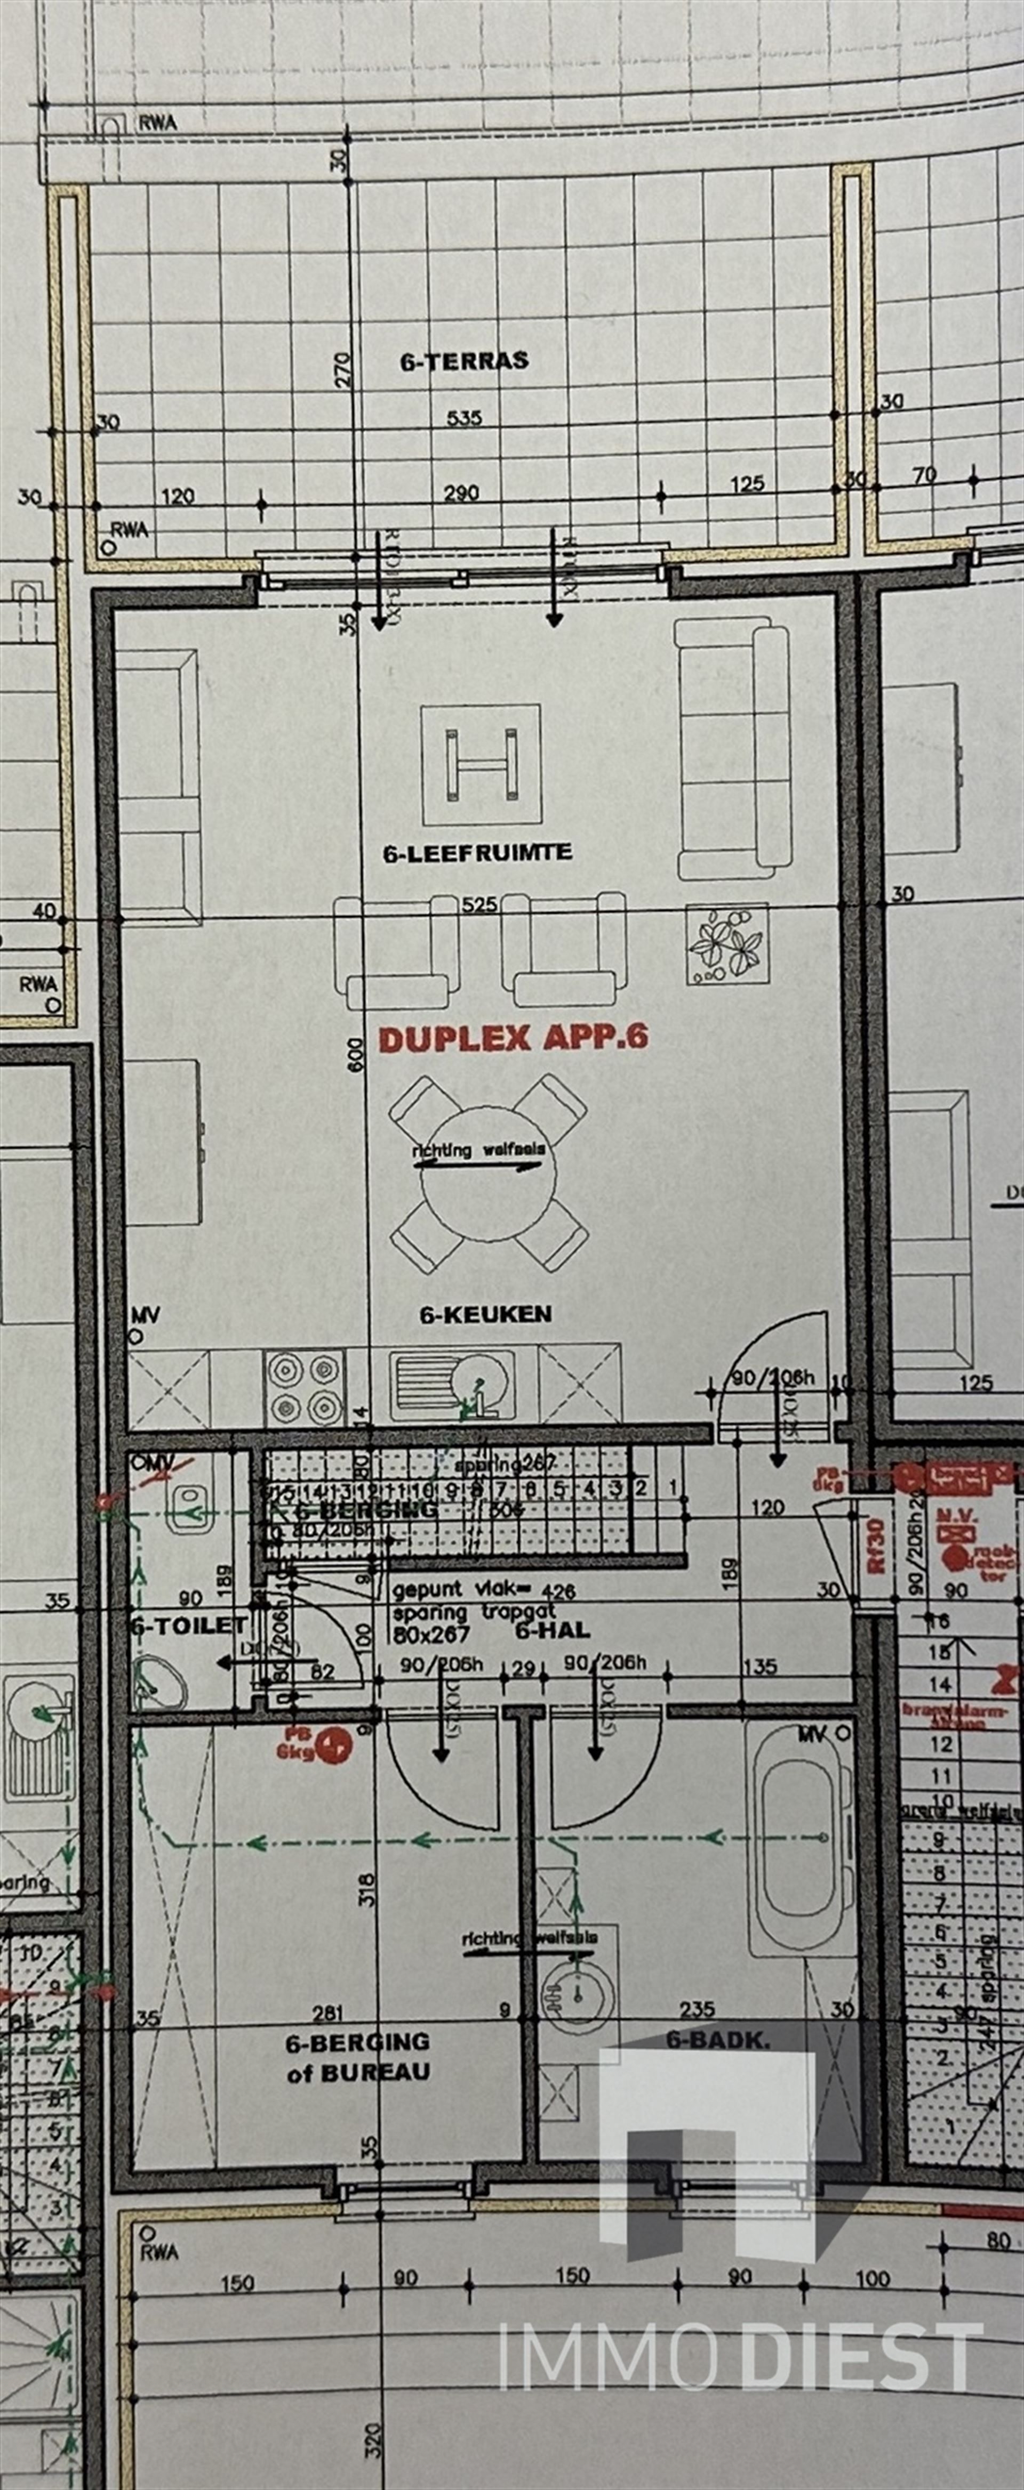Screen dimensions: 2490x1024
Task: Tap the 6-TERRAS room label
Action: pyautogui.click(x=464, y=360)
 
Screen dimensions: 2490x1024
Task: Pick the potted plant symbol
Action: pyautogui.click(x=727, y=944)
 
